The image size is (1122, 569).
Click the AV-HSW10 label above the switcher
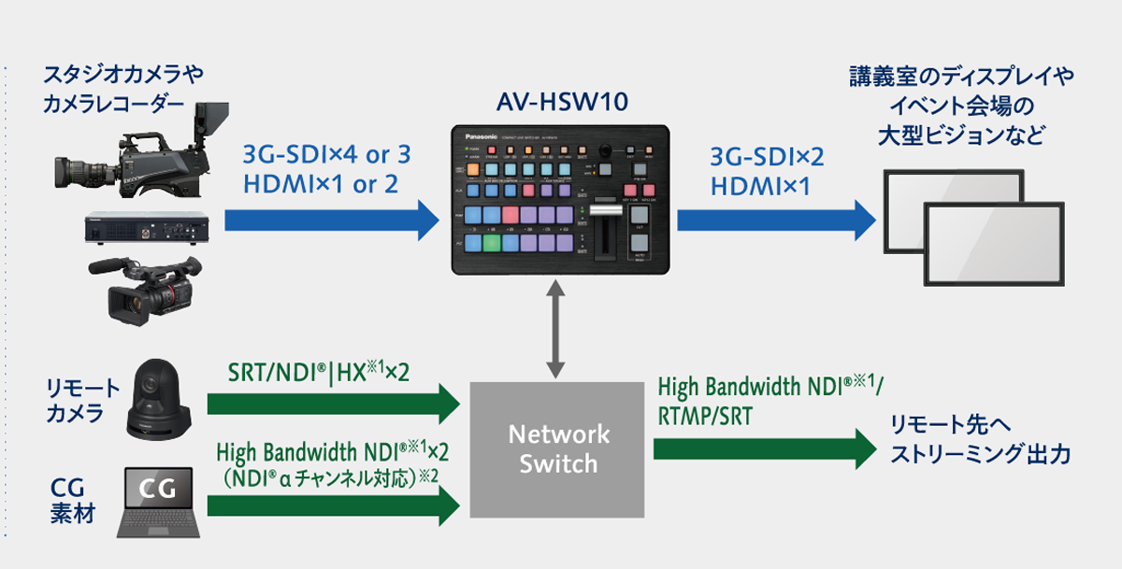561,101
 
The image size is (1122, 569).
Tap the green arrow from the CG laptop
333,505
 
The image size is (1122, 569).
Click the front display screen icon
994,245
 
